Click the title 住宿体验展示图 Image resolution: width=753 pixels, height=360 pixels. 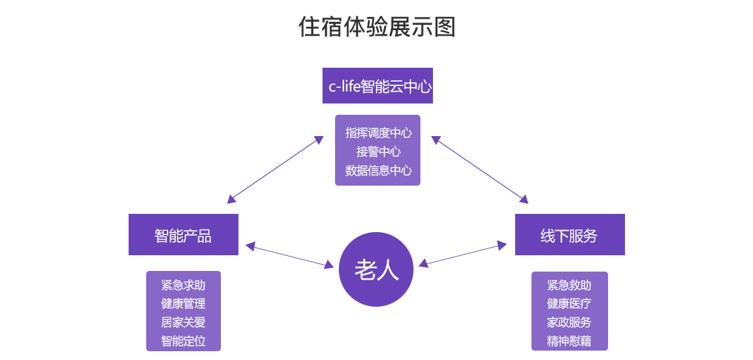coord(376,27)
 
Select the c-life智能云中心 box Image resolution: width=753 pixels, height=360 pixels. coord(378,86)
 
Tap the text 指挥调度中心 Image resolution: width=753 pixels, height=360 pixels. coord(378,133)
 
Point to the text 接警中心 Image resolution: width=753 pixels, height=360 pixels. coord(378,151)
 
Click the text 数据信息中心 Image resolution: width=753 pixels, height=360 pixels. coord(378,170)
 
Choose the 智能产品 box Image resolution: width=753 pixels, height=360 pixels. coord(183,235)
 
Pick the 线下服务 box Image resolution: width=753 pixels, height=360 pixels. coord(570,235)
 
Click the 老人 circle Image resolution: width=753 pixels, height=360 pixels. coord(376,270)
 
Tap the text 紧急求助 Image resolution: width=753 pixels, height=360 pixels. coord(183,285)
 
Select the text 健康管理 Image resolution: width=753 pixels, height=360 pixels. coord(183,304)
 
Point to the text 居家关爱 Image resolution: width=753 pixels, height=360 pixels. coord(183,322)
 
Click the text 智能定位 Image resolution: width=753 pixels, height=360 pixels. coord(183,341)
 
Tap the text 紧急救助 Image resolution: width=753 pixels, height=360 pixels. coord(569,285)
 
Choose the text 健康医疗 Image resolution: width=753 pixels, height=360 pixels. coord(569,304)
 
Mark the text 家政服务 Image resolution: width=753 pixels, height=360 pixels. coord(569,322)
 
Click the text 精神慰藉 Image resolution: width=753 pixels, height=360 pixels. coord(569,341)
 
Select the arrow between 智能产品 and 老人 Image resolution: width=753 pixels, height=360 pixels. coord(289,256)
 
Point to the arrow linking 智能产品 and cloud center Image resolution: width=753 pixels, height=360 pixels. coord(275,169)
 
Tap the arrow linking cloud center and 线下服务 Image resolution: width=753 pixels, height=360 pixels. coord(479,169)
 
